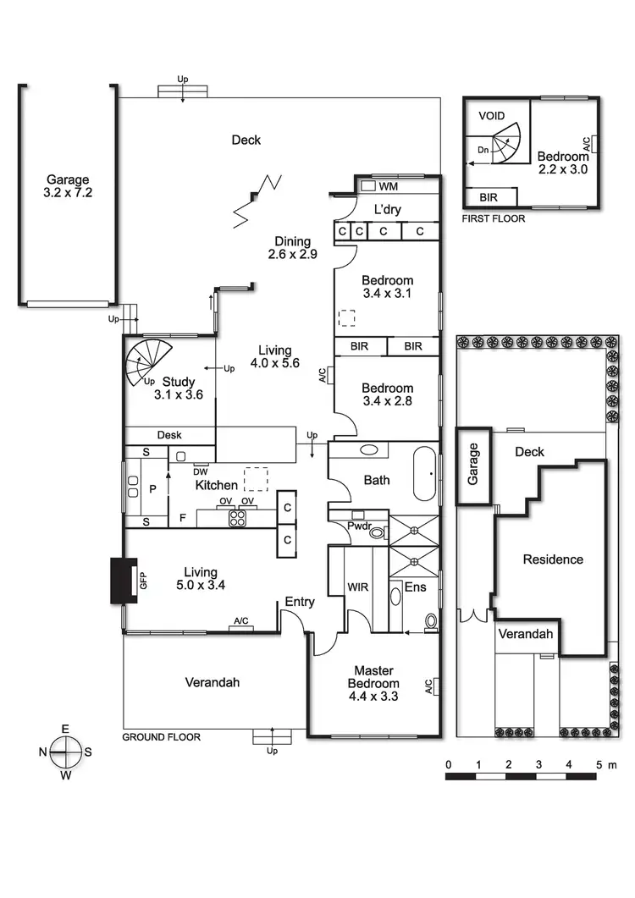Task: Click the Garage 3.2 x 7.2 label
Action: pyautogui.click(x=68, y=186)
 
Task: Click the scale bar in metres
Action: pyautogui.click(x=523, y=774)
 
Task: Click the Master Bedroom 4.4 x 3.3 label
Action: pyautogui.click(x=373, y=683)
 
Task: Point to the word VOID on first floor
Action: pyautogui.click(x=492, y=115)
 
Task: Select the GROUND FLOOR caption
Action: pyautogui.click(x=162, y=737)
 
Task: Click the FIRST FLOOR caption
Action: pyautogui.click(x=493, y=218)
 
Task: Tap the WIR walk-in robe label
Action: pyautogui.click(x=357, y=586)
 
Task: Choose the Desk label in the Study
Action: pyautogui.click(x=169, y=435)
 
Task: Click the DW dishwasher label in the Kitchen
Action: pyautogui.click(x=202, y=471)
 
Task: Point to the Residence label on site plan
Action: pyautogui.click(x=552, y=559)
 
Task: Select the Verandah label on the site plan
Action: pyautogui.click(x=525, y=634)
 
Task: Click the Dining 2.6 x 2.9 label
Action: pyautogui.click(x=291, y=248)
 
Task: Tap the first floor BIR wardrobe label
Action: pyautogui.click(x=489, y=197)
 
